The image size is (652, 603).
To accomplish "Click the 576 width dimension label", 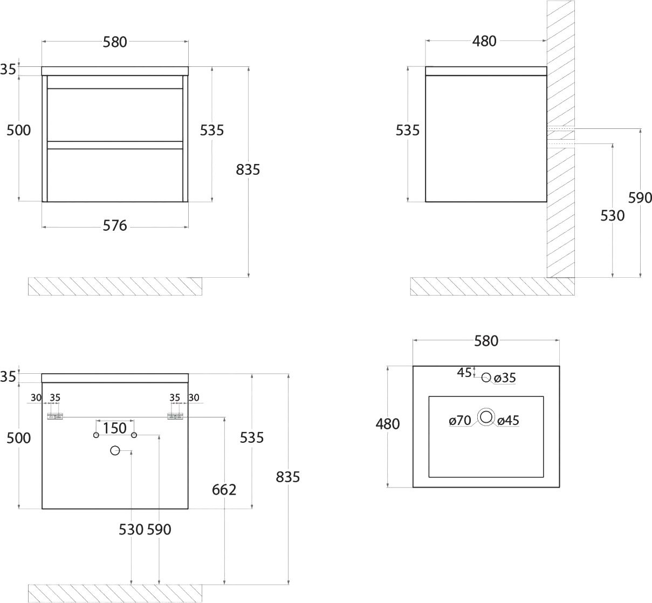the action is click(x=114, y=225).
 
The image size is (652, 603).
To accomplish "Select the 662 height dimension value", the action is click(x=224, y=490).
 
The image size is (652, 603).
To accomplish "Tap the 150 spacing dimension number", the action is click(x=114, y=428).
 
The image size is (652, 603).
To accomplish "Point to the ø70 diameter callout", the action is click(x=459, y=420).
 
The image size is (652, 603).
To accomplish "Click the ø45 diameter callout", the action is click(x=508, y=420).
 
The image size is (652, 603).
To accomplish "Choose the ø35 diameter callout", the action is click(x=505, y=378).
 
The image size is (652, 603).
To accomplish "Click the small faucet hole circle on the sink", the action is click(x=486, y=378).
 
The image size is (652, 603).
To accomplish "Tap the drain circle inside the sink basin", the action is click(x=486, y=417).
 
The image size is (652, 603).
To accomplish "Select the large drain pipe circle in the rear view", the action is click(x=115, y=450).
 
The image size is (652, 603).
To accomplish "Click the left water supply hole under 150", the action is click(x=96, y=435).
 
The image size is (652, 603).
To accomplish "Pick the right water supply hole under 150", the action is click(x=134, y=435).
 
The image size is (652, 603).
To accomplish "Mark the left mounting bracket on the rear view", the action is click(x=55, y=416).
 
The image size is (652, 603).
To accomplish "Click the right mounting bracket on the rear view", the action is click(x=175, y=416).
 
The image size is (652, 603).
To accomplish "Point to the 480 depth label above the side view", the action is click(x=484, y=42).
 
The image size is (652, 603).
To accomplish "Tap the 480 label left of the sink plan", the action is click(x=388, y=424).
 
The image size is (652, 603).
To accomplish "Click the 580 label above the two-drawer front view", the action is click(x=114, y=43).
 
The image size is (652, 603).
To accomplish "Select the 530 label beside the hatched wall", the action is click(x=612, y=216).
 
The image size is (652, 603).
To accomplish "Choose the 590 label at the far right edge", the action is click(x=640, y=198).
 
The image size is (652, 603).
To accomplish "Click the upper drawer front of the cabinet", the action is click(x=115, y=115).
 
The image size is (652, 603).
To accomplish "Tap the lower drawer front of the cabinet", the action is click(x=115, y=175).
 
